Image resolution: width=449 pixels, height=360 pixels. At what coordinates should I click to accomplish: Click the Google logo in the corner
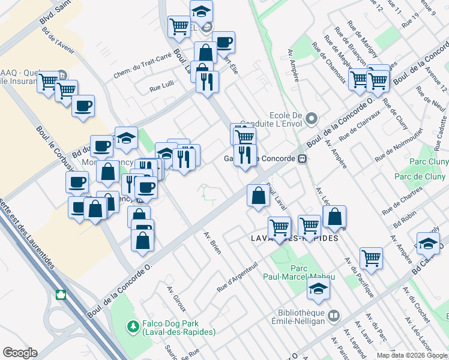coord(20,353)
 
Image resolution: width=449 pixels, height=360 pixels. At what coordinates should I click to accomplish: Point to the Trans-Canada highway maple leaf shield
coord(60,295)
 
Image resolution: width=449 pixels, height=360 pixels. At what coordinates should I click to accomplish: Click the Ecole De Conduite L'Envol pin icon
coord(310,118)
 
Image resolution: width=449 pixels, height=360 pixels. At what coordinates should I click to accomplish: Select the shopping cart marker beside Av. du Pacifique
coord(372,258)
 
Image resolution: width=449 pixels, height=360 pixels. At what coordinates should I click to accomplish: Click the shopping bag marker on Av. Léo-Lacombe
coord(334,217)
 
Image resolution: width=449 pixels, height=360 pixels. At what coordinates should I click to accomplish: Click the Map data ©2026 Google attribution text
coord(412,355)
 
